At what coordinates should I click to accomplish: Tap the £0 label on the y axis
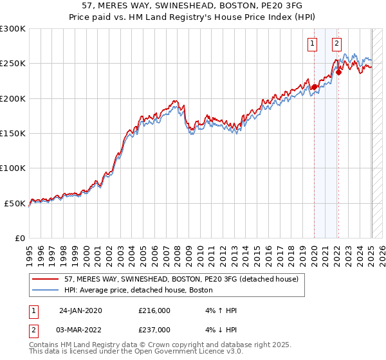[x=21, y=238]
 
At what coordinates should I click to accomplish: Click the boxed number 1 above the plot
[x=313, y=44]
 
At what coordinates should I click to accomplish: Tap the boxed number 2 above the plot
[x=336, y=44]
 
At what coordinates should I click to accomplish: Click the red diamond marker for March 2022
[x=338, y=73]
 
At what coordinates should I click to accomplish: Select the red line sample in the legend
[x=45, y=280]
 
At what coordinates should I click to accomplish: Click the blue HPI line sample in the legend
[x=45, y=290]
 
